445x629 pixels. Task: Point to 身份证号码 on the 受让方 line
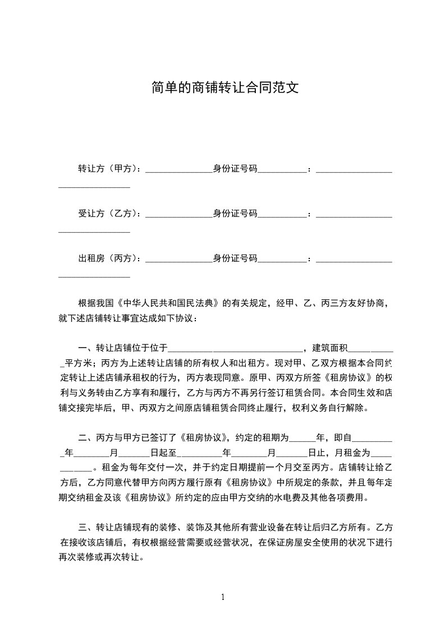235,214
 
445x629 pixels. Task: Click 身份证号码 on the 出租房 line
235,258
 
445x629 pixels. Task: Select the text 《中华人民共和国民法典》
171,304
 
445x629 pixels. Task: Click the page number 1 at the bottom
223,597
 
